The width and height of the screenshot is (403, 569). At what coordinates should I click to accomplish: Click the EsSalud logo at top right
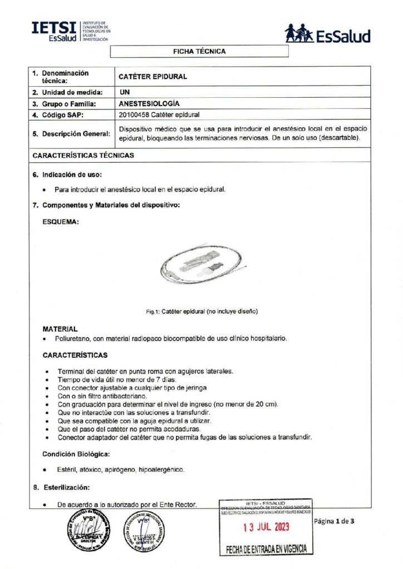[327, 34]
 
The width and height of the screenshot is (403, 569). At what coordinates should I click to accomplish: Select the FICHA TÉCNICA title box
[200, 51]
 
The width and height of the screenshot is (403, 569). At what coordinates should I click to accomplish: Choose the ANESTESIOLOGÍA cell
[149, 104]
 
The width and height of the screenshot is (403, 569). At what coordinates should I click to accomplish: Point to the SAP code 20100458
[136, 115]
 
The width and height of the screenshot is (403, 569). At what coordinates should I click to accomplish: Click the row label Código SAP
[62, 115]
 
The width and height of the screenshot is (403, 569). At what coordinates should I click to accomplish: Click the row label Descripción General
[69, 133]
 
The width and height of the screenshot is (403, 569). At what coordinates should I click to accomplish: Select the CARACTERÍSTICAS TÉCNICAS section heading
[83, 156]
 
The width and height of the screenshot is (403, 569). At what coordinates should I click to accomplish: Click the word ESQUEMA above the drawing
[60, 221]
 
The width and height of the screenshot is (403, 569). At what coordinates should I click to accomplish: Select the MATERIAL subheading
[60, 329]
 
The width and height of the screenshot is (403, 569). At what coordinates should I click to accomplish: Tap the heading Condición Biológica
[76, 454]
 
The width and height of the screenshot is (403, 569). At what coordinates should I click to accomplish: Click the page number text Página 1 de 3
[334, 521]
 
